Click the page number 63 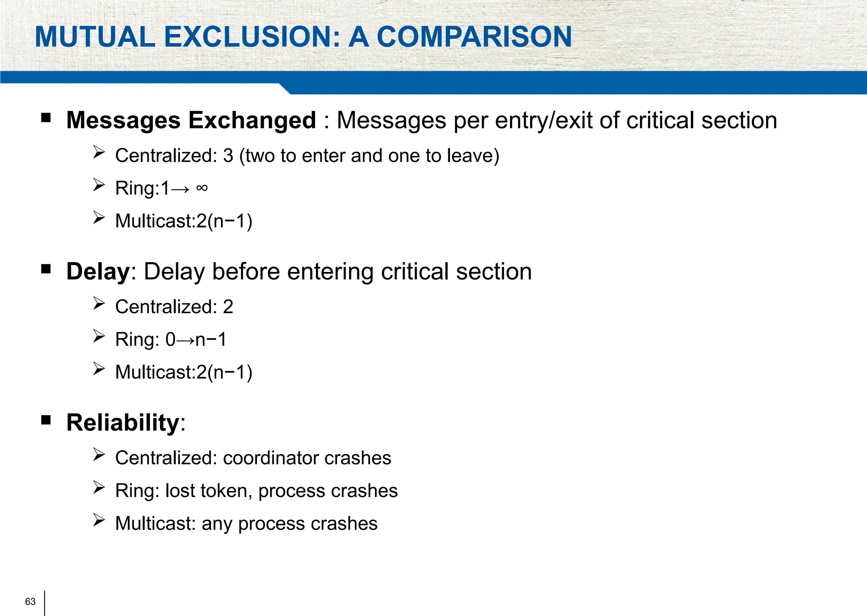[x=30, y=602]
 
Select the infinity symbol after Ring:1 [x=202, y=188]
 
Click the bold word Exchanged [x=252, y=120]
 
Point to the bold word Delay [x=98, y=272]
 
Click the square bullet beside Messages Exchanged [x=46, y=117]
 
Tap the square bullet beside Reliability [x=46, y=420]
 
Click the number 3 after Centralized [x=228, y=156]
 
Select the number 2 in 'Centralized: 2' [x=228, y=307]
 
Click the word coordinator [x=271, y=458]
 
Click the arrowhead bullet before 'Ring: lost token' [x=99, y=488]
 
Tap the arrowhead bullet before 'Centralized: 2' [x=99, y=303]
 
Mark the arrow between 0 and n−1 [x=185, y=340]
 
